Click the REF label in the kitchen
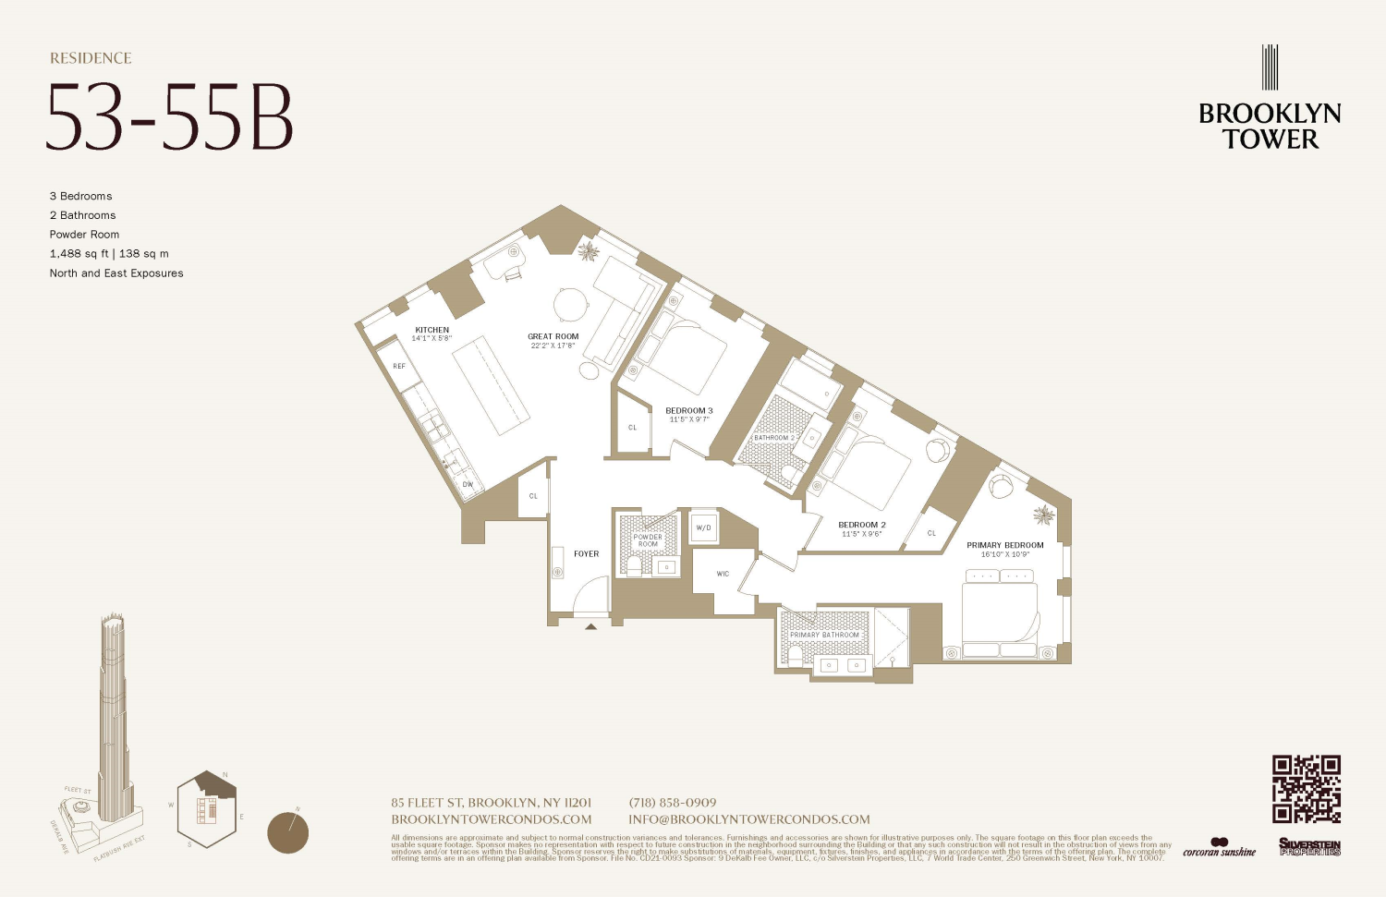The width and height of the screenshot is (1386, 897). click(399, 367)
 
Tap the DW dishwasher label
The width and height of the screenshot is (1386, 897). click(468, 484)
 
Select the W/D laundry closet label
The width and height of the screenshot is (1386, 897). click(704, 528)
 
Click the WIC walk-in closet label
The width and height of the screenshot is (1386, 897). click(723, 574)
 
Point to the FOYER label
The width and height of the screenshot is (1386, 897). click(586, 554)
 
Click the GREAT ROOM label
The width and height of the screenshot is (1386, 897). click(553, 337)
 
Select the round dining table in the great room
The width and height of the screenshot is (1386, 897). click(571, 304)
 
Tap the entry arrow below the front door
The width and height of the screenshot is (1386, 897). click(590, 626)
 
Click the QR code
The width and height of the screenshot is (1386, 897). click(1306, 788)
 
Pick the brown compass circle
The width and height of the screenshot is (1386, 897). click(287, 832)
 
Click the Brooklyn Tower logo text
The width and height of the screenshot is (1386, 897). click(1270, 126)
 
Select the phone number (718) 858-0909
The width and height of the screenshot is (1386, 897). click(672, 803)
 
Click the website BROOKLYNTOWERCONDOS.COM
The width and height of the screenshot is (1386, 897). click(491, 819)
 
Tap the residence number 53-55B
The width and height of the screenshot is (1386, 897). click(170, 117)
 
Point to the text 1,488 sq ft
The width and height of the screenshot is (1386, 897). click(79, 254)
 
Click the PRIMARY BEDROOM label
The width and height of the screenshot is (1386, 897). click(1004, 545)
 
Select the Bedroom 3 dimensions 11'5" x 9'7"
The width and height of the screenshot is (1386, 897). click(689, 419)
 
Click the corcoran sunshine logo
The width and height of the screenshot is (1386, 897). click(1219, 848)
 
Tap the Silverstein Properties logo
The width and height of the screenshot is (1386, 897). click(1309, 846)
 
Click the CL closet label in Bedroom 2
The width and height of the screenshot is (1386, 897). click(931, 533)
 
